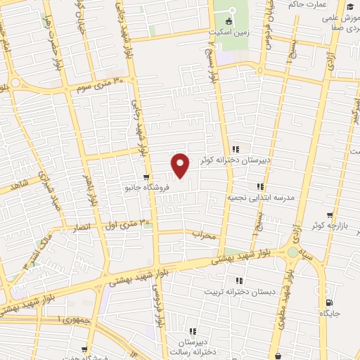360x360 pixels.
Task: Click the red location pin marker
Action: (x=181, y=165)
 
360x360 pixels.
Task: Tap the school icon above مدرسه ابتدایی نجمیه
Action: (x=259, y=186)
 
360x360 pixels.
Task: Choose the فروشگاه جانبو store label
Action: (x=146, y=188)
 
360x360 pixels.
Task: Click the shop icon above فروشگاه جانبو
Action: (x=146, y=176)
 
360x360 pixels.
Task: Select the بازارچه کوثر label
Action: (x=330, y=227)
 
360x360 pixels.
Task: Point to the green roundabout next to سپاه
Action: (x=292, y=252)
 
